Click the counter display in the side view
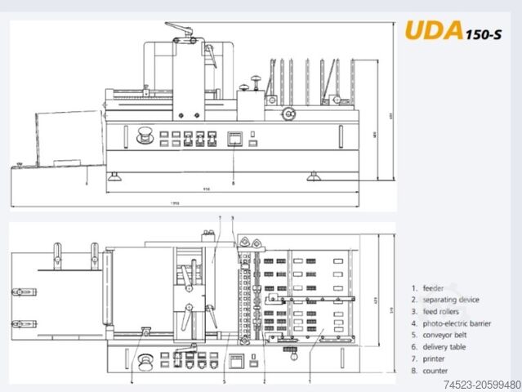coord(234,137)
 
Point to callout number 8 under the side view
coord(234,184)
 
